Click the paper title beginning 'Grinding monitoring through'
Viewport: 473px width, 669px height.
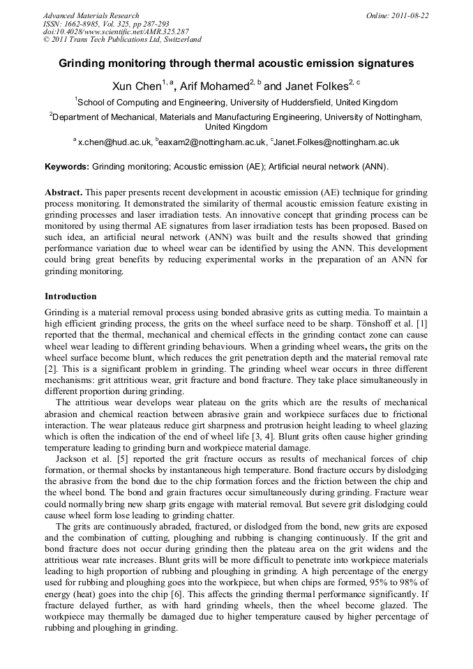click(236, 63)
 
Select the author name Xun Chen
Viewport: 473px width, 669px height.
click(137, 86)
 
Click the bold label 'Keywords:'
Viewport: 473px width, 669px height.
click(67, 167)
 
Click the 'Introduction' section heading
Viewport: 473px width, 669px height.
click(70, 296)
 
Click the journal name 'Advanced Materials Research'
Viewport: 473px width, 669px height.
click(91, 15)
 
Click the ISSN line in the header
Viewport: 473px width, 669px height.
click(106, 24)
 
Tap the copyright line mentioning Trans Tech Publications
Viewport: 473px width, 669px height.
click(122, 40)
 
